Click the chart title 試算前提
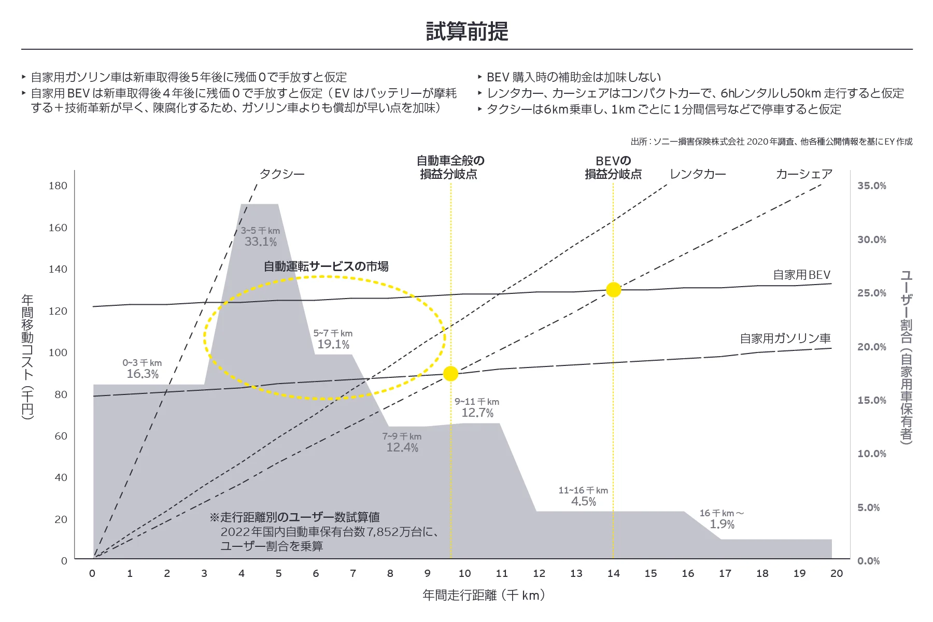[x=466, y=32]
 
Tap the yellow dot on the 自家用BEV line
[x=613, y=290]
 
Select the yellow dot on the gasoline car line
[x=450, y=374]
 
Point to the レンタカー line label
[x=698, y=174]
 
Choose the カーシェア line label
[x=804, y=174]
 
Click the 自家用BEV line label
[x=801, y=275]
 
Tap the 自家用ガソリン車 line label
[x=785, y=338]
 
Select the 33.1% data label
[x=261, y=242]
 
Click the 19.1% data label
[x=333, y=344]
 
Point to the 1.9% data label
[x=722, y=524]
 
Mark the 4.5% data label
[x=584, y=501]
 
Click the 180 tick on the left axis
[x=58, y=186]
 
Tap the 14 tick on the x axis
[x=613, y=573]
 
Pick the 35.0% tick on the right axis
[x=871, y=186]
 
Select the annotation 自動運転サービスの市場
[x=326, y=266]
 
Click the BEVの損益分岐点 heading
[x=613, y=167]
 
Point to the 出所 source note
[x=771, y=142]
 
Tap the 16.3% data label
[x=143, y=374]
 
